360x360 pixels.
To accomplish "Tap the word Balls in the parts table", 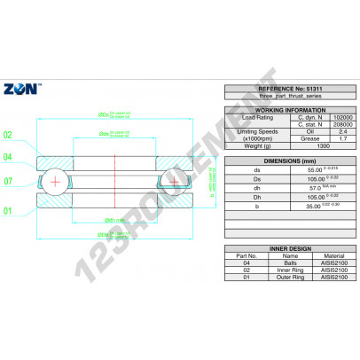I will pos(279,264).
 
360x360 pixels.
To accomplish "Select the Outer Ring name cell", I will pos(279,277).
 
